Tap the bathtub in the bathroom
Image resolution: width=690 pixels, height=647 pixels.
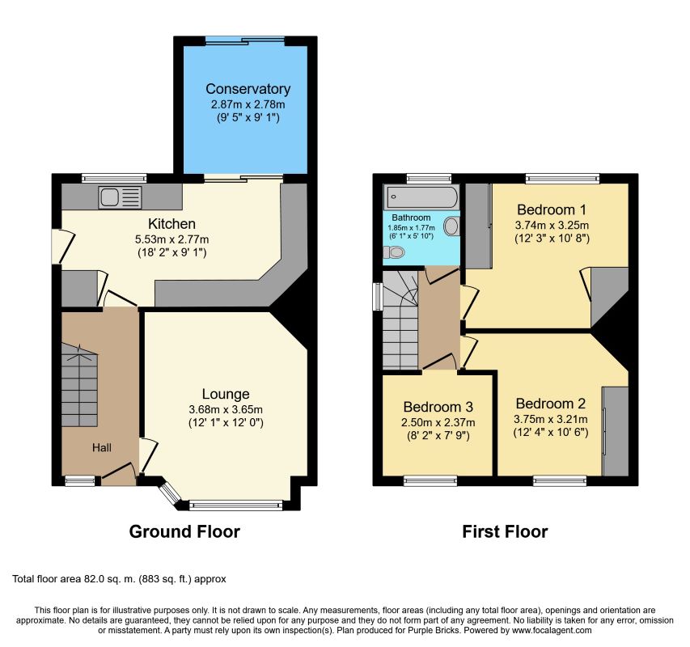coord(421,197)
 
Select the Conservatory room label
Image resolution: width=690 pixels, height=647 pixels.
coord(248,89)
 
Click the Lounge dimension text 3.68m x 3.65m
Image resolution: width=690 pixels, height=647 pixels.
coord(226,409)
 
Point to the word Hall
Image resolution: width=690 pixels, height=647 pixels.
coord(102,448)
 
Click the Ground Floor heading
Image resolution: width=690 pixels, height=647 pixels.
coord(184,532)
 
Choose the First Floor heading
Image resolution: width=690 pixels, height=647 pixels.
coord(505,532)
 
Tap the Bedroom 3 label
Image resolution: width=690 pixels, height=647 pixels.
coord(438,407)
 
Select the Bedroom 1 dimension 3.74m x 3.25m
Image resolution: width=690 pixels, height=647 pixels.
coord(552,225)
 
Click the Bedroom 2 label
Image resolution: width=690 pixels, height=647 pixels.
coord(551,404)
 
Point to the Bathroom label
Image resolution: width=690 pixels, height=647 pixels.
coord(411,218)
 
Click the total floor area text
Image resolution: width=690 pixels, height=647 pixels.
coord(119,579)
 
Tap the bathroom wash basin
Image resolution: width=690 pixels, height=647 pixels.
coord(451,226)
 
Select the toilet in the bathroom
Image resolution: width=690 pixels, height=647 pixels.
coord(393,252)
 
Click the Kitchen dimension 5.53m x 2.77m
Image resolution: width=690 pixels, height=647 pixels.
coord(171,239)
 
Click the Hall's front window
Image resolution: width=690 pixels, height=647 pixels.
coord(80,480)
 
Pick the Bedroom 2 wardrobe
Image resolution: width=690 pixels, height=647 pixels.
coord(616,431)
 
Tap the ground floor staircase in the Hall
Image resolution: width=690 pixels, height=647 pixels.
coord(79,384)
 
